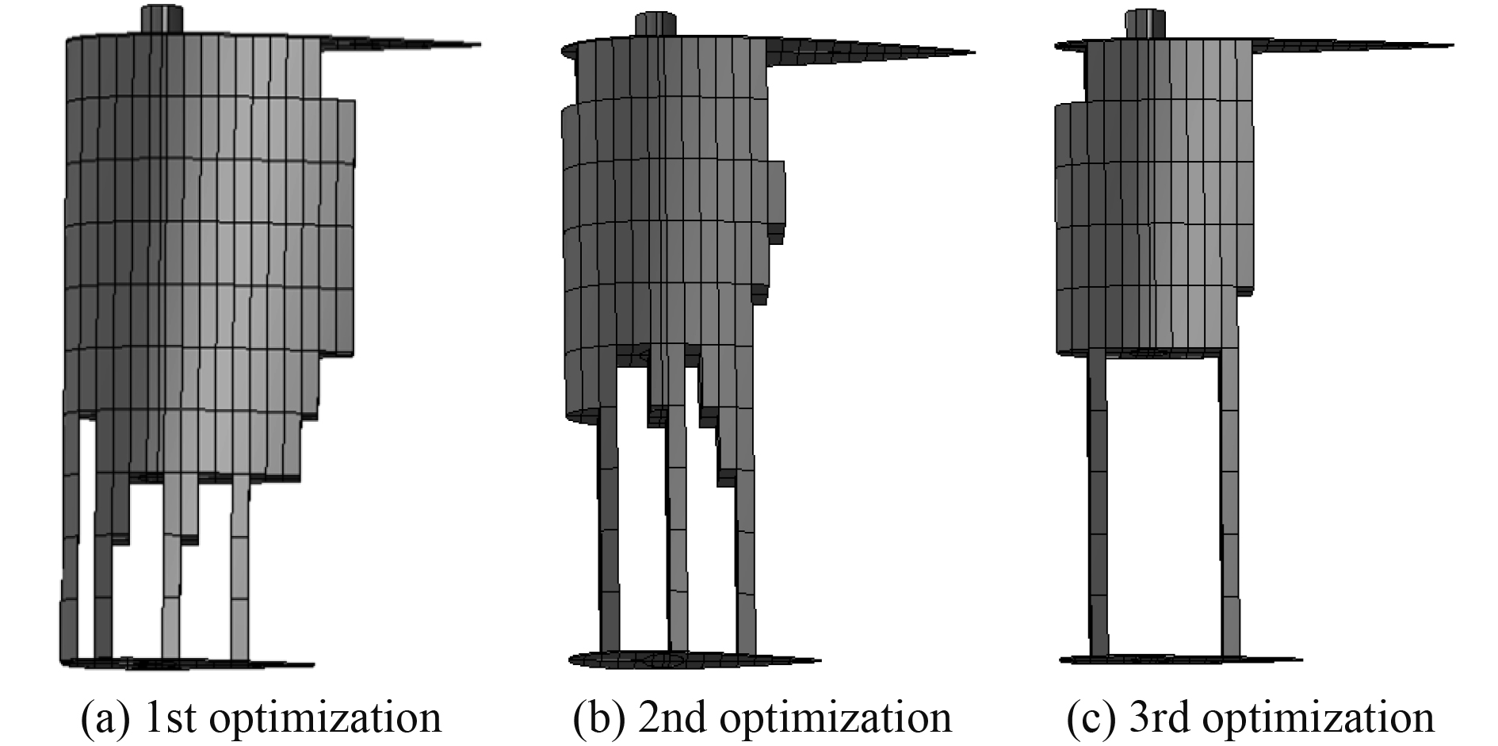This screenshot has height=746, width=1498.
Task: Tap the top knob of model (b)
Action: click(657, 24)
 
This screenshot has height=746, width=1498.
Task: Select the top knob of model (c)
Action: click(1146, 23)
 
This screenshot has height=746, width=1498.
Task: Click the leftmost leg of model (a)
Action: click(69, 555)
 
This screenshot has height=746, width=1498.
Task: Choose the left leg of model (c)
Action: click(1098, 515)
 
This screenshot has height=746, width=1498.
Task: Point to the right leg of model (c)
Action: click(1229, 515)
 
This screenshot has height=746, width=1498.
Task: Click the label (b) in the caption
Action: click(593, 718)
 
